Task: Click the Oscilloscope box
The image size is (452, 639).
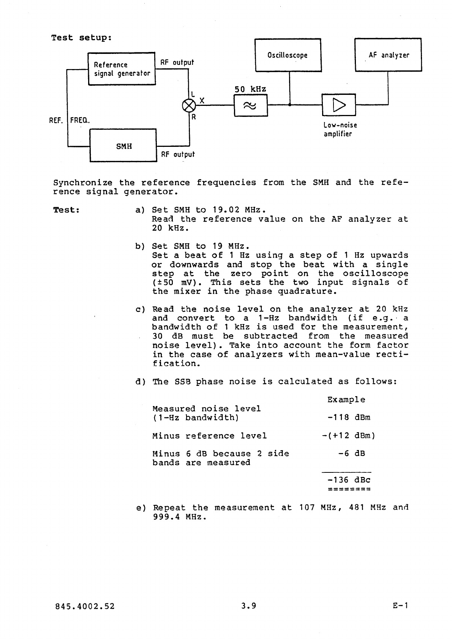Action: tap(288, 55)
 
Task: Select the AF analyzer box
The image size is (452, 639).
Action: tap(388, 55)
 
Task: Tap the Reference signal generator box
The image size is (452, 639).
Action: tap(122, 69)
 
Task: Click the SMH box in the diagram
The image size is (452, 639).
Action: tap(123, 146)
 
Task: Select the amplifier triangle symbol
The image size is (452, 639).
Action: tap(338, 105)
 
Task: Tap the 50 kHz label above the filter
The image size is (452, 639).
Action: tap(250, 90)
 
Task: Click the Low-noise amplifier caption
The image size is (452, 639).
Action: tap(340, 129)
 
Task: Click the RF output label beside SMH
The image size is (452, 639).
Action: tap(178, 154)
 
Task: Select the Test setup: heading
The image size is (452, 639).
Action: tap(81, 38)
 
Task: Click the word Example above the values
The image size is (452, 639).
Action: tap(346, 400)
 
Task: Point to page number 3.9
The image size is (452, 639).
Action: tap(249, 606)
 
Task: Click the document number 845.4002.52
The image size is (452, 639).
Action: tap(84, 606)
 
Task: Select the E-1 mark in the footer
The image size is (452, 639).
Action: tap(400, 606)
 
